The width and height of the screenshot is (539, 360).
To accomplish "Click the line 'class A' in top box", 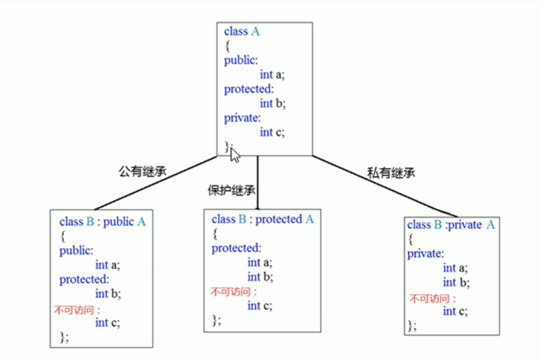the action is (x=242, y=31).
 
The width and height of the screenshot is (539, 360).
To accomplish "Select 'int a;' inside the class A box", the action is (x=272, y=75).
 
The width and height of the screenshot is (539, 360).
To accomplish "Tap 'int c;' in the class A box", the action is (x=272, y=132).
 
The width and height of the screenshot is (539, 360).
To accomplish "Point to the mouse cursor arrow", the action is (x=234, y=155).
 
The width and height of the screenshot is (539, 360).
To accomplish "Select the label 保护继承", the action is (x=231, y=190).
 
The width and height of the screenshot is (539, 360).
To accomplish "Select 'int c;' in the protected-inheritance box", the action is (x=260, y=306).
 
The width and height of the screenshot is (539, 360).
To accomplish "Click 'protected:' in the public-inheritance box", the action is (x=84, y=279).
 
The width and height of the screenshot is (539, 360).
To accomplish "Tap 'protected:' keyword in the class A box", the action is (x=248, y=89).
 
